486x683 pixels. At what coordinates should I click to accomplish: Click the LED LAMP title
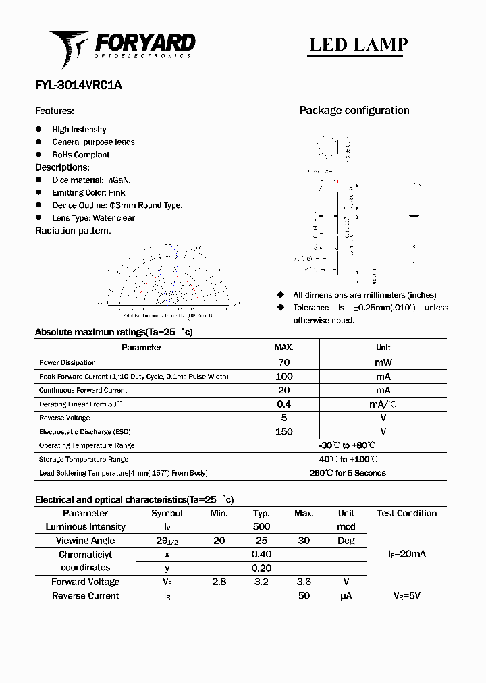pos(358,45)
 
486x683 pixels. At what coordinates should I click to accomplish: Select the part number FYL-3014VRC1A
pos(78,86)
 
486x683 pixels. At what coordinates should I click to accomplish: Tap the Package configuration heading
pos(354,111)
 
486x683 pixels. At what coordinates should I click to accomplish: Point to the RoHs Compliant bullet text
pos(82,155)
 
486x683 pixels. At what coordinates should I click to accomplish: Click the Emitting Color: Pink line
pos(88,192)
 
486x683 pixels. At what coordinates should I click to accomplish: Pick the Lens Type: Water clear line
pos(93,218)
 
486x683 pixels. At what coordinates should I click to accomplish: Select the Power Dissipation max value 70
pos(283,362)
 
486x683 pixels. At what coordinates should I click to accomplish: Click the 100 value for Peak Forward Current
pos(283,377)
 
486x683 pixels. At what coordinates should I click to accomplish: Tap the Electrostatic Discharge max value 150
pos(283,432)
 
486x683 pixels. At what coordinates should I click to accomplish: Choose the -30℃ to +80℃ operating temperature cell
pos(347,445)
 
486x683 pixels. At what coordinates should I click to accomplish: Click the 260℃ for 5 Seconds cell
pos(347,473)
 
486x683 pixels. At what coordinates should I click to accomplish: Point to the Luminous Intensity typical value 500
pos(261,526)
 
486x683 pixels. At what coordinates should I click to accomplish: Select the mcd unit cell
pos(346,526)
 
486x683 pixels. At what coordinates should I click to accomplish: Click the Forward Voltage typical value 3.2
pos(261,582)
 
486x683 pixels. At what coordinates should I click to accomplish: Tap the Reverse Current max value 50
pos(304,596)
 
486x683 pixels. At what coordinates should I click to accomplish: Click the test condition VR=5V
pos(406,596)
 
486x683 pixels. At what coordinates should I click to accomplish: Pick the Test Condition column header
pos(406,513)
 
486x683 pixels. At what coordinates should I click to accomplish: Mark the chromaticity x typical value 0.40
pos(261,554)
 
